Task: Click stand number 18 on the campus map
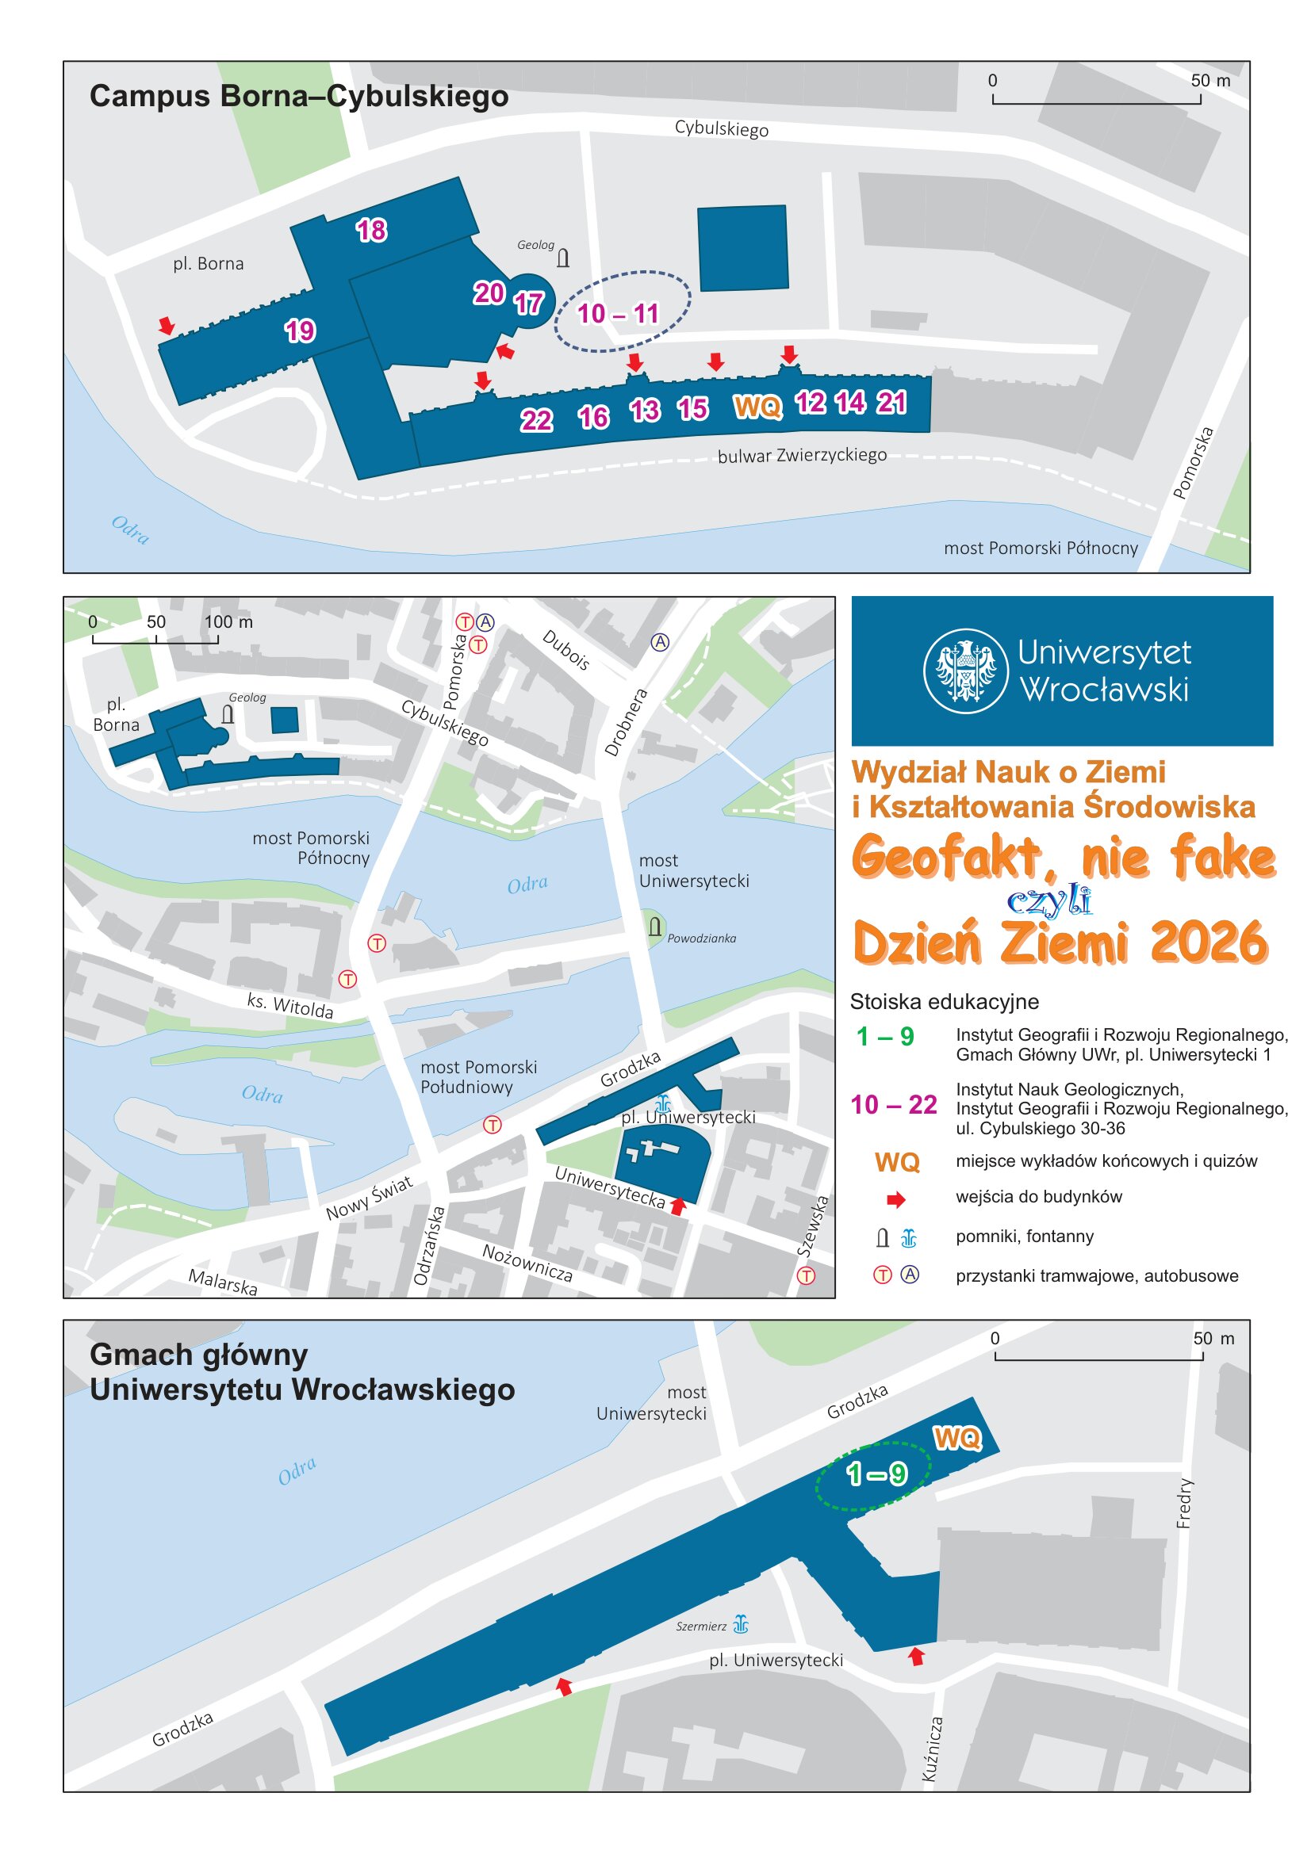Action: (x=372, y=230)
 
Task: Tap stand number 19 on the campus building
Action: (x=300, y=331)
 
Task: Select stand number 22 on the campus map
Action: (x=535, y=420)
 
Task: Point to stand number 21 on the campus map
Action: (x=891, y=402)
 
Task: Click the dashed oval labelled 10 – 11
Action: (x=622, y=312)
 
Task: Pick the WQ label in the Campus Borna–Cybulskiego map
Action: (x=757, y=406)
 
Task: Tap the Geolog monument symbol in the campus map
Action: (x=563, y=258)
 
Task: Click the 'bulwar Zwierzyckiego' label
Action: (x=801, y=456)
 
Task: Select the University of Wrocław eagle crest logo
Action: (x=965, y=671)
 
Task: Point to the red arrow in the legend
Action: (x=895, y=1200)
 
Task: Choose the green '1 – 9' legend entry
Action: (x=884, y=1036)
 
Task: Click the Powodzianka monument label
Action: (x=701, y=938)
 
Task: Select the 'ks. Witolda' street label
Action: (x=290, y=1005)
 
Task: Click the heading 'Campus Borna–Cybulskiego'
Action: (x=299, y=96)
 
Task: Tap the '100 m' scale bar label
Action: (x=228, y=621)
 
